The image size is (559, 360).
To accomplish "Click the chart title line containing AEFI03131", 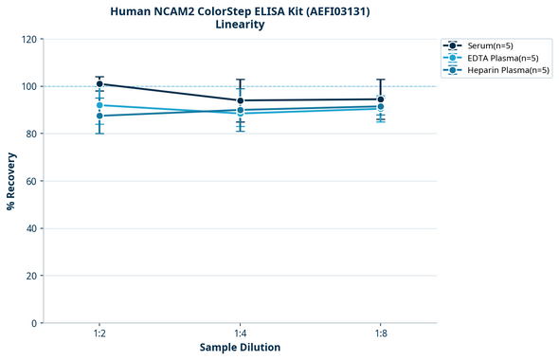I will click(x=240, y=10).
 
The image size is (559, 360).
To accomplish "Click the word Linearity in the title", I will click(x=240, y=25).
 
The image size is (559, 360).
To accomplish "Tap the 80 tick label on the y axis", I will click(x=31, y=134).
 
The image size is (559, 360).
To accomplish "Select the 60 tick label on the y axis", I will click(x=31, y=181).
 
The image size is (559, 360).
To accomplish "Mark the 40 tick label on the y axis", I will click(x=31, y=228).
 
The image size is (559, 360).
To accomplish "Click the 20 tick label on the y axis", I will click(x=31, y=276).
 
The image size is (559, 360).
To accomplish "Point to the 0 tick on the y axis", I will click(x=34, y=323).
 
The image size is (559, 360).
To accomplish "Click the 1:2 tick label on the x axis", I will click(x=99, y=333).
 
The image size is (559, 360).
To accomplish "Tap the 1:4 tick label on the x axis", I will click(x=240, y=333).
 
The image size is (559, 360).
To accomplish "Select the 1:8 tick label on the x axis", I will click(x=380, y=333).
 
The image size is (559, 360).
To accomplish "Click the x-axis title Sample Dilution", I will click(x=240, y=348).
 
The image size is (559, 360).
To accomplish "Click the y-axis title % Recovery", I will click(x=11, y=181).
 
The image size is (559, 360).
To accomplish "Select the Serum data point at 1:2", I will click(x=99, y=84).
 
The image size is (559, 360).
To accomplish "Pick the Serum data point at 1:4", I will click(x=240, y=100).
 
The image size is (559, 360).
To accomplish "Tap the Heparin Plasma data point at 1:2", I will click(x=99, y=116).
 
